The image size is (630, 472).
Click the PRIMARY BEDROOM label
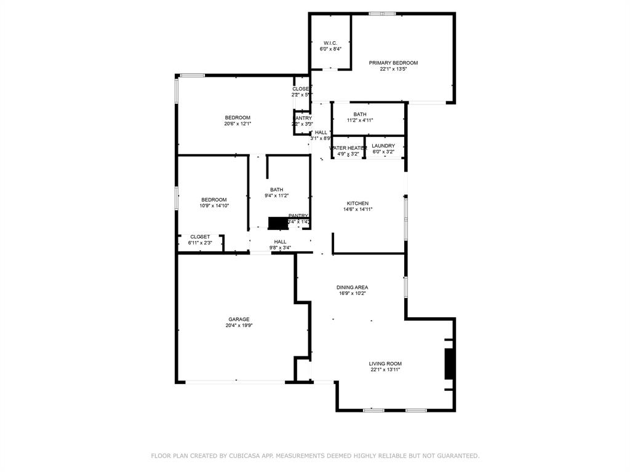[393, 63]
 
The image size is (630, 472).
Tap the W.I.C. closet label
[330, 43]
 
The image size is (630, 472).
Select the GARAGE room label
[239, 319]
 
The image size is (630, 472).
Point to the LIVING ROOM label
[385, 364]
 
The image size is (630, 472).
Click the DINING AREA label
[352, 287]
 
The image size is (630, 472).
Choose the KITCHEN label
[357, 203]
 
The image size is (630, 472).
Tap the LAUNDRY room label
[383, 146]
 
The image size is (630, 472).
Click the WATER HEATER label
[348, 148]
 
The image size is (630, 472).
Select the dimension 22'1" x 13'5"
[393, 69]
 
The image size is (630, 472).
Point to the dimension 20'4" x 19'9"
[239, 326]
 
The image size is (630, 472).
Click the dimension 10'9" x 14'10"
[214, 206]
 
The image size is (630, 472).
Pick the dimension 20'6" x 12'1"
[237, 124]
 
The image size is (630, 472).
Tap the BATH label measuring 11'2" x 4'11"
[360, 114]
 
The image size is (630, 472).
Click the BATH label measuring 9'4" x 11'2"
[276, 189]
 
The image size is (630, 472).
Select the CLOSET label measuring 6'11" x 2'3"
[200, 237]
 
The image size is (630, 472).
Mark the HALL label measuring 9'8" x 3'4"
[280, 242]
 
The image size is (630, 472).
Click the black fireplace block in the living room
[450, 363]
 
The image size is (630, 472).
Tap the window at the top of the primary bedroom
[382, 13]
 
